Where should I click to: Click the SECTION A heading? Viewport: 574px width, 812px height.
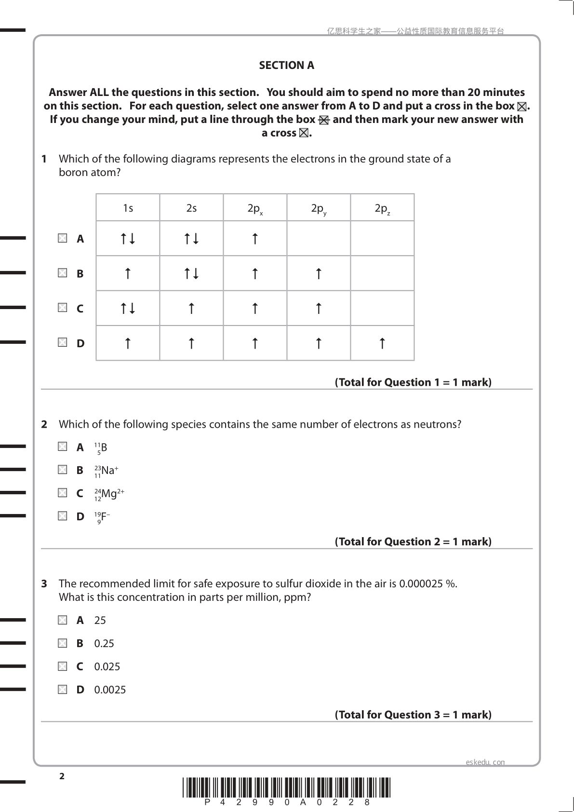pyautogui.click(x=286, y=66)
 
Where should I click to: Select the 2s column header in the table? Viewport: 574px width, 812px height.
pyautogui.click(x=191, y=208)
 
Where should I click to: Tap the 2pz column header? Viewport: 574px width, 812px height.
pyautogui.click(x=382, y=208)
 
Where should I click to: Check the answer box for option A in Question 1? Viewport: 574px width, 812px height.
pyautogui.click(x=63, y=238)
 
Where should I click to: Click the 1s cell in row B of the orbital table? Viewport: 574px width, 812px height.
pyautogui.click(x=128, y=273)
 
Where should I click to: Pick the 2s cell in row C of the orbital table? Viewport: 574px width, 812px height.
pyautogui.click(x=191, y=308)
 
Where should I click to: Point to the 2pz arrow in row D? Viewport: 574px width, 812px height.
pyautogui.click(x=382, y=343)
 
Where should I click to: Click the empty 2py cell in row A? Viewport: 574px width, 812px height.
pyautogui.click(x=319, y=238)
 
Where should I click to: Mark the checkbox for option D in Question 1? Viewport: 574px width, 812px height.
pyautogui.click(x=63, y=342)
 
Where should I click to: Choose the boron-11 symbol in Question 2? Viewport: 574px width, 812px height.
pyautogui.click(x=101, y=448)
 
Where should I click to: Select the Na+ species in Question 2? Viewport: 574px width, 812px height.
pyautogui.click(x=106, y=471)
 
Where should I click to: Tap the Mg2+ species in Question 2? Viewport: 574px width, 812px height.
pyautogui.click(x=109, y=494)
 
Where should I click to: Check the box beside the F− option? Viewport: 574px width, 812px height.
pyautogui.click(x=63, y=516)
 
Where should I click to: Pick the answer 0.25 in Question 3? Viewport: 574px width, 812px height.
pyautogui.click(x=104, y=644)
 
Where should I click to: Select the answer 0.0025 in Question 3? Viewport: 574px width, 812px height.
pyautogui.click(x=110, y=690)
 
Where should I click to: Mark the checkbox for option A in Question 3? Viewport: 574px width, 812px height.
pyautogui.click(x=63, y=620)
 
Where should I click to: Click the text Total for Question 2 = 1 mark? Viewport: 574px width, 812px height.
pyautogui.click(x=413, y=542)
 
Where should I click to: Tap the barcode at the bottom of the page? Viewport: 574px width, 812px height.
pyautogui.click(x=286, y=787)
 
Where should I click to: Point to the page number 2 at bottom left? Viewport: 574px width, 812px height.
pyautogui.click(x=62, y=776)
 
